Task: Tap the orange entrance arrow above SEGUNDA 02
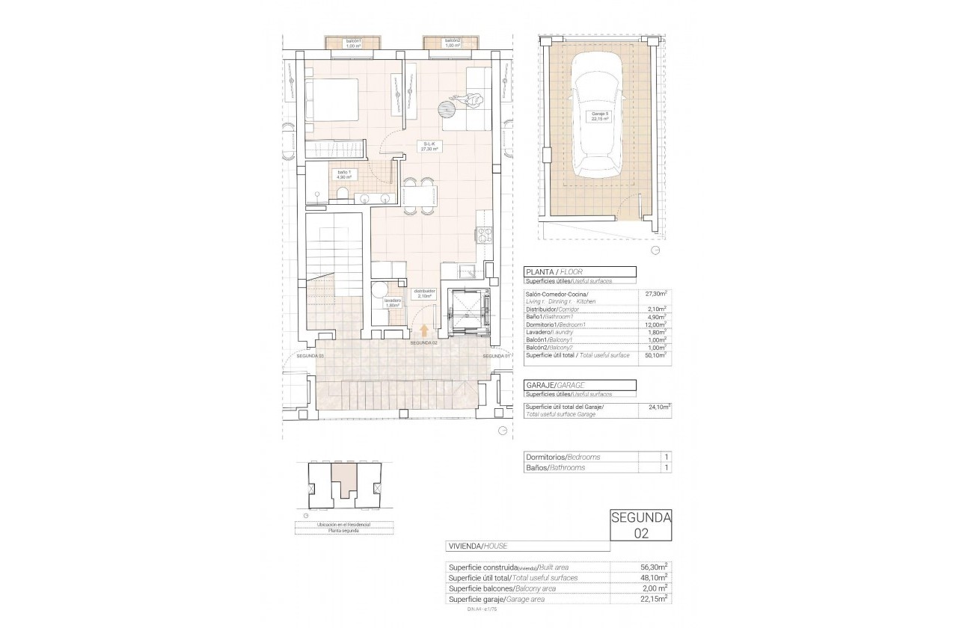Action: [425, 330]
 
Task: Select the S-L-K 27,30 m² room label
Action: [429, 147]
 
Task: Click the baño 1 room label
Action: [344, 175]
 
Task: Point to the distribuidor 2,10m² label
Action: [425, 293]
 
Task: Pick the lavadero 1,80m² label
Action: [393, 303]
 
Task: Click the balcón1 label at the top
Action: [353, 43]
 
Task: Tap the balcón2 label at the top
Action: [451, 43]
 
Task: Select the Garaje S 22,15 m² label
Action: [597, 115]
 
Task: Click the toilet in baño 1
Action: [341, 196]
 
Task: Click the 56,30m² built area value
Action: [656, 567]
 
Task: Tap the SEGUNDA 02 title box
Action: [640, 525]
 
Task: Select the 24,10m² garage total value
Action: [658, 407]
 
